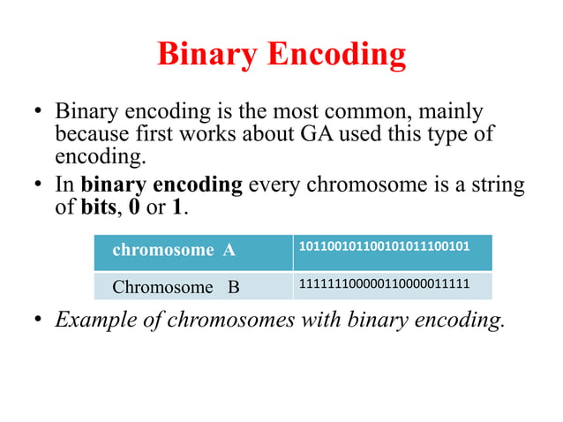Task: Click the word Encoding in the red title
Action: tap(339, 55)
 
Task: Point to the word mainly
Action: tap(452, 112)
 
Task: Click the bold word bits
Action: tap(96, 208)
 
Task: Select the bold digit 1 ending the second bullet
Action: tap(180, 208)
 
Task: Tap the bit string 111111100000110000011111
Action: tap(384, 283)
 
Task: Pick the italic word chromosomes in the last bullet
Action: tap(236, 320)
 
